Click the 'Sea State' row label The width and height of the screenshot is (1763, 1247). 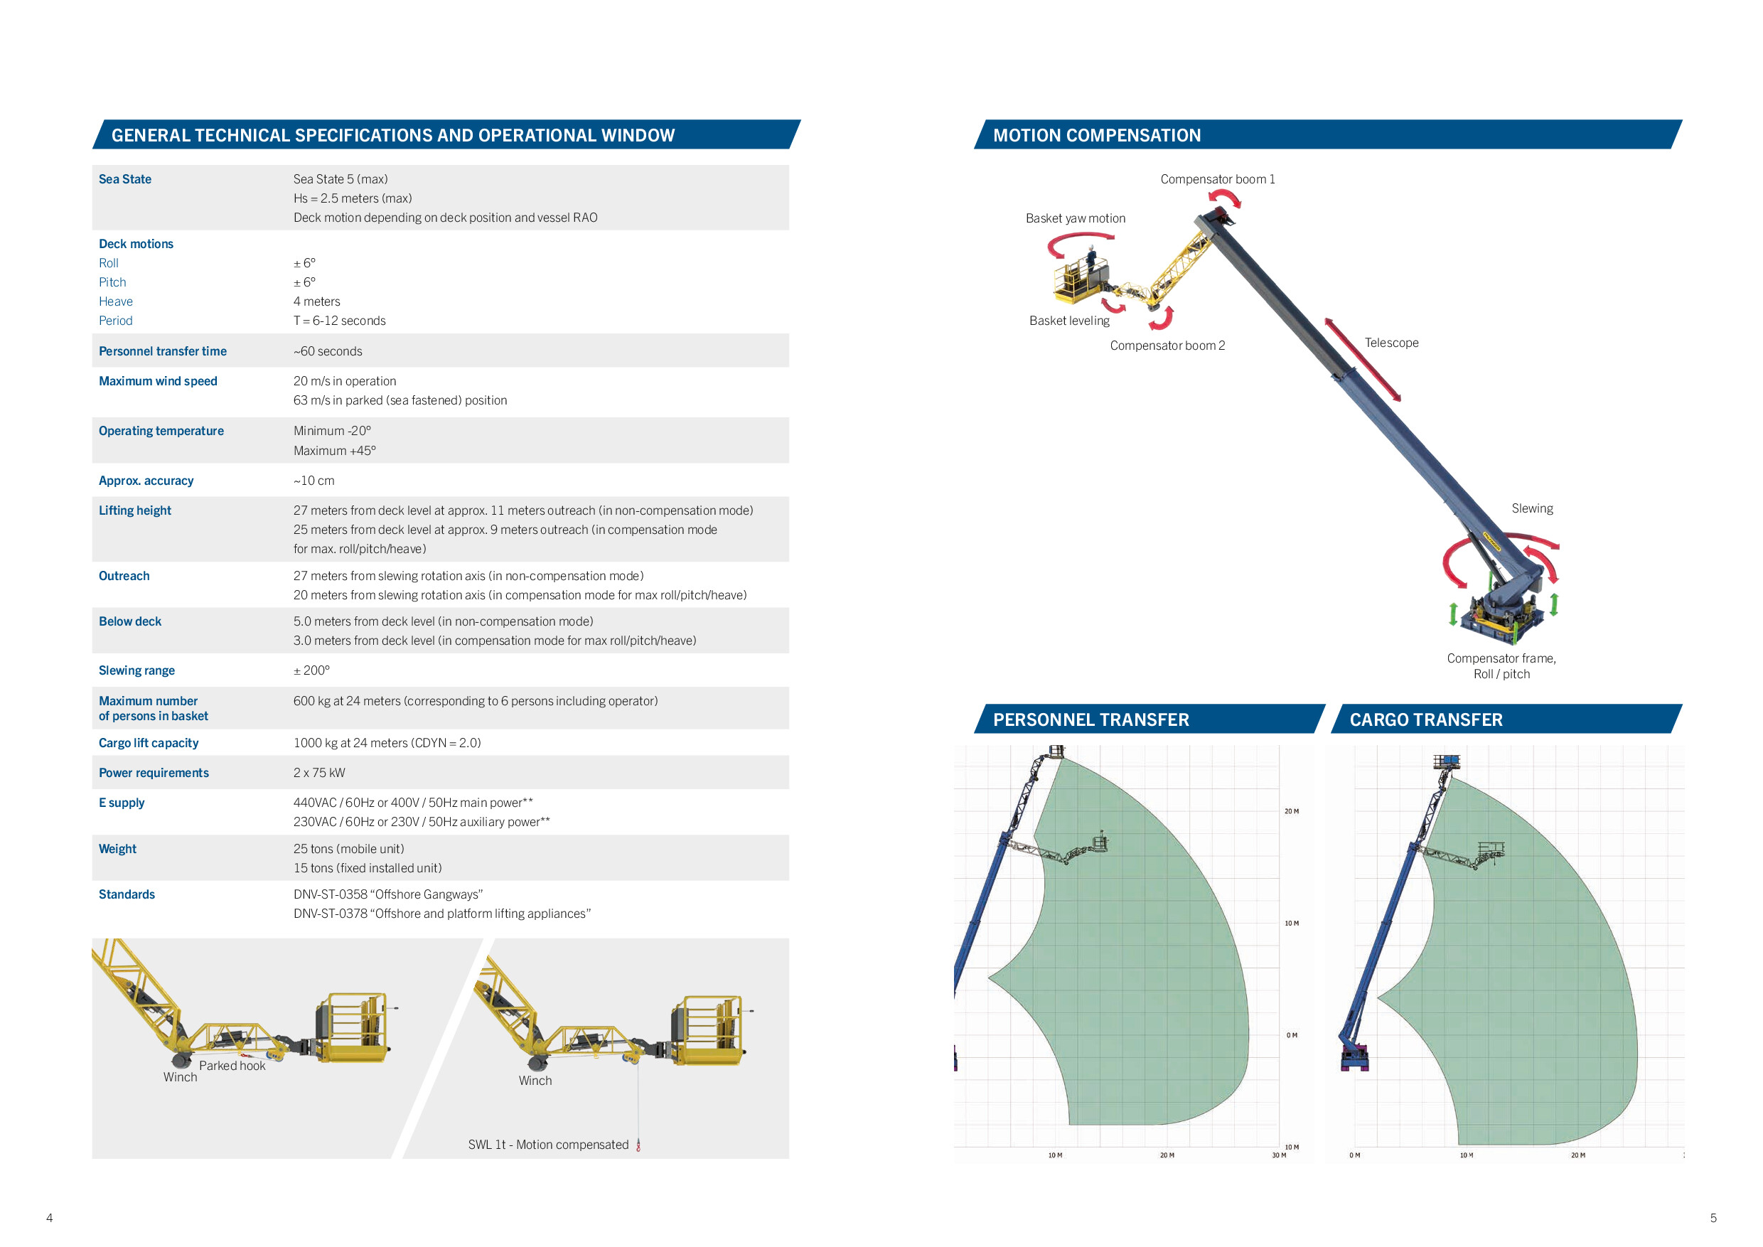pyautogui.click(x=125, y=179)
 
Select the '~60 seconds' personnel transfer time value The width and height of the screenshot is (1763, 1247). pyautogui.click(x=328, y=351)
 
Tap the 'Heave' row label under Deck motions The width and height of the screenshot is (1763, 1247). pyautogui.click(x=116, y=301)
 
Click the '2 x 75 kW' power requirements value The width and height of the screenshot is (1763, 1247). pyautogui.click(x=319, y=773)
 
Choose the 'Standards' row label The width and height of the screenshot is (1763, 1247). pyautogui.click(x=127, y=894)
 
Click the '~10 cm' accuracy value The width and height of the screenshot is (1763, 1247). pyautogui.click(x=314, y=481)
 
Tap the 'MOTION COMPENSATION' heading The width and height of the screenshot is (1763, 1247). pyautogui.click(x=1098, y=135)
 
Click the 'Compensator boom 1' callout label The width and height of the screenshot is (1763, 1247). pyautogui.click(x=1218, y=179)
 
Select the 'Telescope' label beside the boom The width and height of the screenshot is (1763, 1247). pyautogui.click(x=1391, y=343)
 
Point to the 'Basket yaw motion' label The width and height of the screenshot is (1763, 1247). pyautogui.click(x=1076, y=218)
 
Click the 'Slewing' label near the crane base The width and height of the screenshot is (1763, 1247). pyautogui.click(x=1532, y=508)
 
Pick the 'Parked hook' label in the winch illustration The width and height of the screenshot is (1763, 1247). pyautogui.click(x=232, y=1066)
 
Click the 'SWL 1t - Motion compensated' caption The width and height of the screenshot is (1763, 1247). pyautogui.click(x=548, y=1144)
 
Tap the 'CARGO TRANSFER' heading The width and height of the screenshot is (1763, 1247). pyautogui.click(x=1426, y=719)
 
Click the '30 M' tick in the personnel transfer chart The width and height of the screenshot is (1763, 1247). pyautogui.click(x=1278, y=1155)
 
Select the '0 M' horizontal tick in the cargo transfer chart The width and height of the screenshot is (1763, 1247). pyautogui.click(x=1354, y=1155)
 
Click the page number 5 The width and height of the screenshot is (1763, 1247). pyautogui.click(x=1713, y=1218)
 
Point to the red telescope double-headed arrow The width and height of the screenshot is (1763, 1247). pyautogui.click(x=1362, y=359)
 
